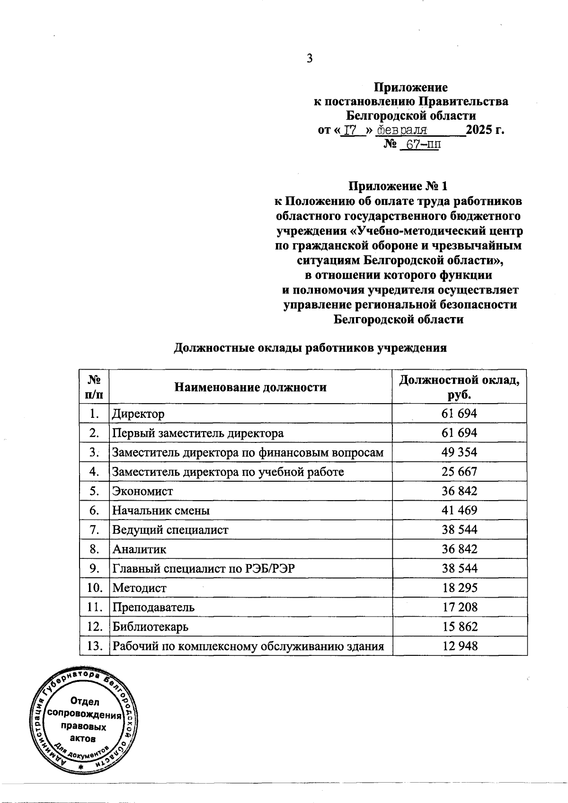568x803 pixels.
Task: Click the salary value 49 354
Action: coord(459,452)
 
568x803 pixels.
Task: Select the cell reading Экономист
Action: coord(142,491)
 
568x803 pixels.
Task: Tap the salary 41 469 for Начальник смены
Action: coord(459,511)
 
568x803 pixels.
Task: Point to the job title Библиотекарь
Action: coord(150,627)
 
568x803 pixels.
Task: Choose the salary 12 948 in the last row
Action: coord(460,646)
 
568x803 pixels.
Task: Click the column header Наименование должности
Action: coord(250,388)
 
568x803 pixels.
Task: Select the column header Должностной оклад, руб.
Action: coord(460,387)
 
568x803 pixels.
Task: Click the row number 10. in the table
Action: coord(95,588)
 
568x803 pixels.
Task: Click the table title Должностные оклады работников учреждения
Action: coord(311,348)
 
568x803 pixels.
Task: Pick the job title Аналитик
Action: coord(139,549)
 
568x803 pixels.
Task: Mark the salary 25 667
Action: coord(459,472)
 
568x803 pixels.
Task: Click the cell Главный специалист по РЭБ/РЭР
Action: coord(203,569)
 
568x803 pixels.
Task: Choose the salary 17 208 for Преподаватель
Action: coord(460,608)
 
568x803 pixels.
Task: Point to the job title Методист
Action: coord(139,588)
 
